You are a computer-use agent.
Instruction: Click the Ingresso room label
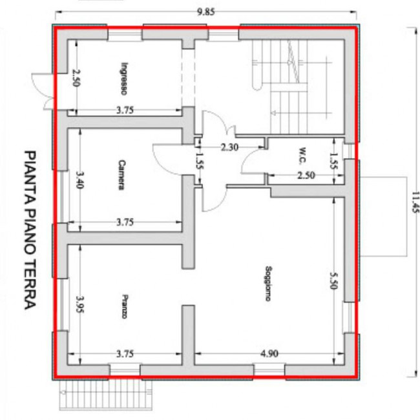(x=124, y=79)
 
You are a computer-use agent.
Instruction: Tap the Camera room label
(x=121, y=175)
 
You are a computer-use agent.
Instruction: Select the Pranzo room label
(x=125, y=306)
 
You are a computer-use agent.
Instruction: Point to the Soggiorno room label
(x=268, y=283)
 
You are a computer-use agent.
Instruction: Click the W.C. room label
(x=302, y=155)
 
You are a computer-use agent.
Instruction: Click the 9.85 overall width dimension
(x=206, y=12)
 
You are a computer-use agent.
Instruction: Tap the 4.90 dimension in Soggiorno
(x=269, y=354)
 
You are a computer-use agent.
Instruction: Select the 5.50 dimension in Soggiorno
(x=333, y=281)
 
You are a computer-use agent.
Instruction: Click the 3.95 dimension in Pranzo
(x=80, y=304)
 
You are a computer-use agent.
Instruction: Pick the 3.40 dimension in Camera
(x=79, y=179)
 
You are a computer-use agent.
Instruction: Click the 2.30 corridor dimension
(x=229, y=147)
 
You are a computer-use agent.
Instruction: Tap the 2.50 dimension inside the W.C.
(x=306, y=175)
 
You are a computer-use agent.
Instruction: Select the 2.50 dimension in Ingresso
(x=76, y=77)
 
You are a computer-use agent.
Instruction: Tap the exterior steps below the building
(x=106, y=395)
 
